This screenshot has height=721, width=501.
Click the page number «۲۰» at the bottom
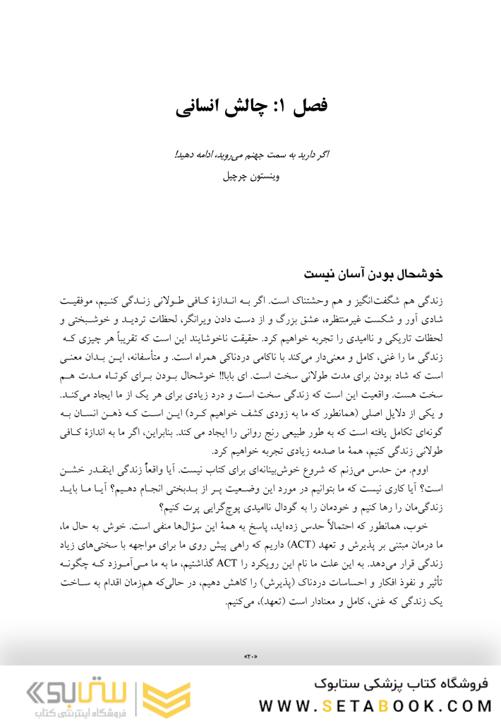250,657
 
